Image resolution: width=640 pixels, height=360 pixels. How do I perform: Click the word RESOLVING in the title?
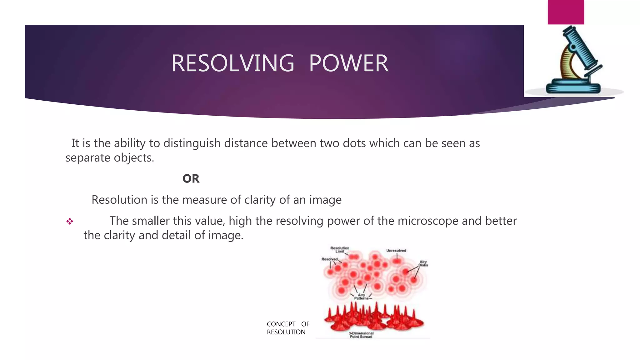click(x=233, y=63)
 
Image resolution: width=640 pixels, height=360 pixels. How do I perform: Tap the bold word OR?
click(x=191, y=179)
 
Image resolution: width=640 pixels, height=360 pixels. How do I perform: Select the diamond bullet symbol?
click(x=69, y=222)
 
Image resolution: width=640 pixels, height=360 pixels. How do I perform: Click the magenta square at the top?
click(x=566, y=12)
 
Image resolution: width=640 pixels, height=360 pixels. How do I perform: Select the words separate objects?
click(x=109, y=158)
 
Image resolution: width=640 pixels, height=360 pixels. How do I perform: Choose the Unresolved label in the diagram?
click(x=396, y=251)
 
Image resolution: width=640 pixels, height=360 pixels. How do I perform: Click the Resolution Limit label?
click(x=340, y=249)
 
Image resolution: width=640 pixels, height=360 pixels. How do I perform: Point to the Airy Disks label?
click(x=423, y=263)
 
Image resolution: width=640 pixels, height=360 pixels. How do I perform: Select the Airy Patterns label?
click(x=361, y=297)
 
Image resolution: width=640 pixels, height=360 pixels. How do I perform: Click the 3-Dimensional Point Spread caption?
click(x=361, y=335)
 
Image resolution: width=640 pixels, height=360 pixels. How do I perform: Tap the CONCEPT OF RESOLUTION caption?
click(x=287, y=328)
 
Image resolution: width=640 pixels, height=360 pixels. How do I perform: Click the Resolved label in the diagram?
click(x=329, y=259)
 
